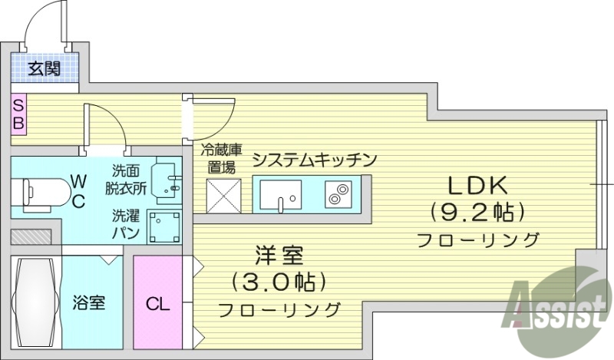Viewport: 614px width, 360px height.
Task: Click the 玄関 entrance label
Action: (45, 68)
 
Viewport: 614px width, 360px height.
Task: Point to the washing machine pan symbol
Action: (163, 228)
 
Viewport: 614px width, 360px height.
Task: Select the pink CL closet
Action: (157, 302)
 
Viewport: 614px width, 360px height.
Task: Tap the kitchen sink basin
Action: (281, 193)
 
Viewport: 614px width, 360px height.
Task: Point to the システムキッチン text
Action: (315, 160)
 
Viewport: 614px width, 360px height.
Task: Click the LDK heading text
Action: (477, 185)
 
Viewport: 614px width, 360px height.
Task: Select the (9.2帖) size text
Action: (477, 211)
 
